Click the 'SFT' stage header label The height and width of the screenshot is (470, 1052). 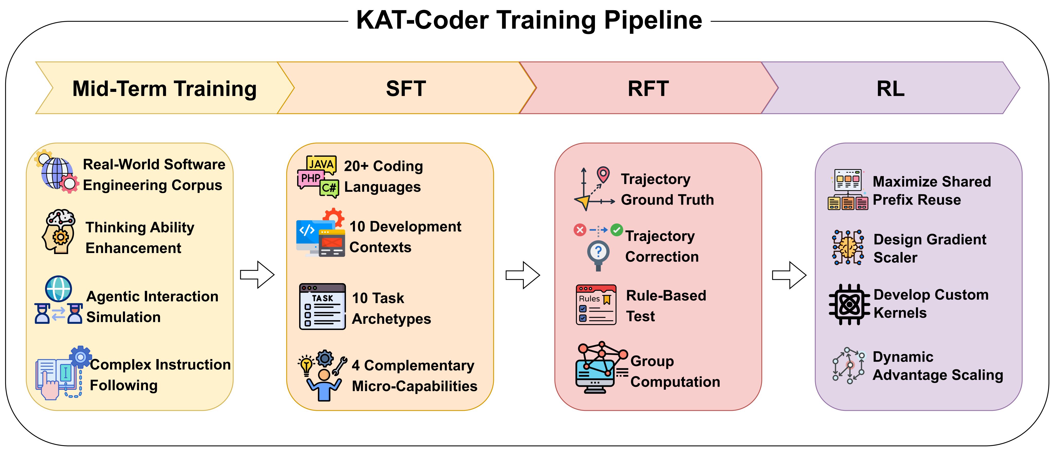pyautogui.click(x=406, y=88)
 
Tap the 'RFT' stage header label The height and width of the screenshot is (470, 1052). pyautogui.click(x=648, y=88)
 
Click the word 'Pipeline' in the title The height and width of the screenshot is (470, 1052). pyautogui.click(x=653, y=20)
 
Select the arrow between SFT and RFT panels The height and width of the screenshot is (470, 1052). pyautogui.click(x=523, y=275)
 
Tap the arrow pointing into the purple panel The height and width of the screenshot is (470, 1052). pyautogui.click(x=789, y=275)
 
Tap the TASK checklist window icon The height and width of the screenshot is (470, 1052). pyautogui.click(x=322, y=307)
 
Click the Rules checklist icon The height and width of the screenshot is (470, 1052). pyautogui.click(x=596, y=305)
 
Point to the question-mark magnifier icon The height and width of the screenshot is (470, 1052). pyautogui.click(x=598, y=255)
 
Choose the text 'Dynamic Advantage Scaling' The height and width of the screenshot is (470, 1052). pyautogui.click(x=938, y=366)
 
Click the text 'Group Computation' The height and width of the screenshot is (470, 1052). pyautogui.click(x=675, y=371)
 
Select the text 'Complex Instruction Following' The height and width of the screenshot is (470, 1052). pyautogui.click(x=160, y=375)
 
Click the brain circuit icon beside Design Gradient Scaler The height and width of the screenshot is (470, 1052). pyautogui.click(x=848, y=247)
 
